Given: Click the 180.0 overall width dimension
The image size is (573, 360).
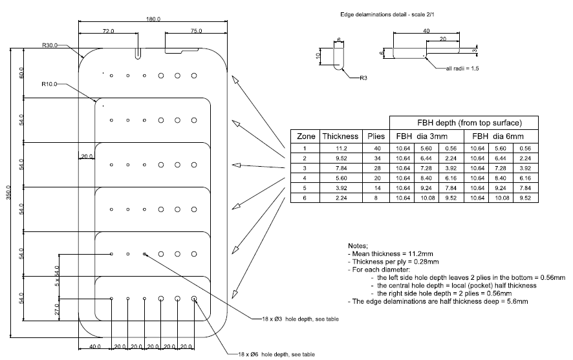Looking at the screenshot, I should click(x=153, y=19).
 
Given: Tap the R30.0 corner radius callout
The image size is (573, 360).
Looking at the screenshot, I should click(x=50, y=45).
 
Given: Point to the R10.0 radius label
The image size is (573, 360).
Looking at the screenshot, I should click(x=50, y=84).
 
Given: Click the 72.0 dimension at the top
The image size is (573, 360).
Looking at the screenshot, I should click(x=108, y=31).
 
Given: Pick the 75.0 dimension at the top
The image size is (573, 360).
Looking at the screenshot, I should click(x=196, y=31).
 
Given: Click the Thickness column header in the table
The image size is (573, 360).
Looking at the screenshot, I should click(x=340, y=136).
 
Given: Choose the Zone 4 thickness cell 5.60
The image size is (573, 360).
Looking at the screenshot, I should click(x=340, y=178).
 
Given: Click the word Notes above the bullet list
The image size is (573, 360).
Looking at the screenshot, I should click(x=358, y=246).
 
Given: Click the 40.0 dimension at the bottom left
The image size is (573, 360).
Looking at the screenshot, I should click(x=95, y=346).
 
